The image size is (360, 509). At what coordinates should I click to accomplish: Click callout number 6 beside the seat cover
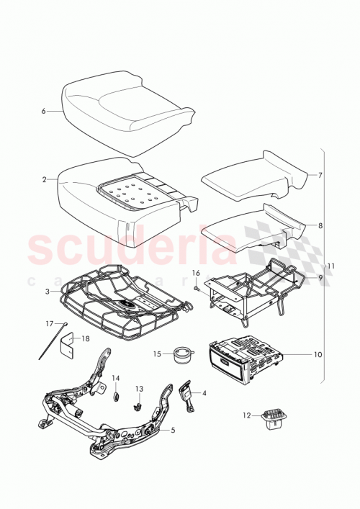pyautogui.click(x=43, y=112)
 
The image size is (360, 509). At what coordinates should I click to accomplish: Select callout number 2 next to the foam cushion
pyautogui.click(x=44, y=179)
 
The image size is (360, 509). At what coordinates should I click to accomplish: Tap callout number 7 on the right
pyautogui.click(x=320, y=175)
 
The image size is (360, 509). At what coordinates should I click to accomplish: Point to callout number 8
pyautogui.click(x=320, y=225)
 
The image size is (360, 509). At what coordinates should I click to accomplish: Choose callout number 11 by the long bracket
pyautogui.click(x=332, y=266)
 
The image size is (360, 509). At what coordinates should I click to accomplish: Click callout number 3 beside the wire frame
pyautogui.click(x=45, y=292)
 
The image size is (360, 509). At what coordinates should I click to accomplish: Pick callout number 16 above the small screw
pyautogui.click(x=195, y=274)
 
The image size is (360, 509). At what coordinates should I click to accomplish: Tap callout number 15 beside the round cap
pyautogui.click(x=157, y=353)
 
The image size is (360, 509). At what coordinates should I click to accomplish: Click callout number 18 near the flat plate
pyautogui.click(x=86, y=338)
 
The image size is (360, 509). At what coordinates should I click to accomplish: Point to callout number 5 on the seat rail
pyautogui.click(x=171, y=430)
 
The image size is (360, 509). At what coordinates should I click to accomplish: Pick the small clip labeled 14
pyautogui.click(x=114, y=395)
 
